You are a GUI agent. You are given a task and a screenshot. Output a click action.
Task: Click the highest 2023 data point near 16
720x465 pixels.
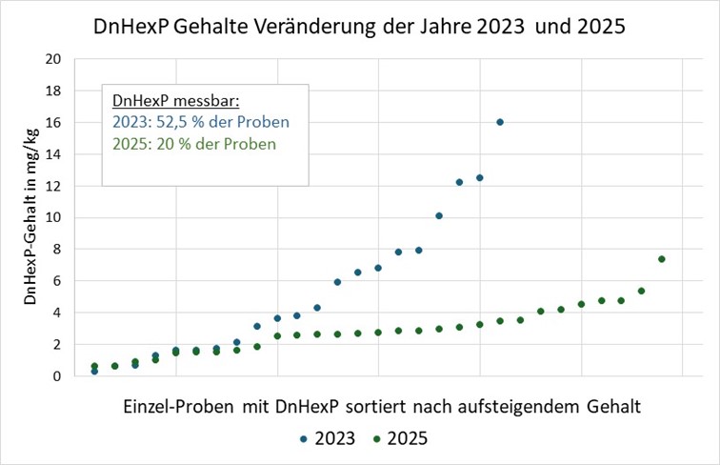pyautogui.click(x=500, y=122)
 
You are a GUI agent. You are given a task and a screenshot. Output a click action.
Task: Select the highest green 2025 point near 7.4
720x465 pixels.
pyautogui.click(x=662, y=259)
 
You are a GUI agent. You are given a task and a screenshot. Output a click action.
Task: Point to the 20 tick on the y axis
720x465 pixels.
pyautogui.click(x=54, y=59)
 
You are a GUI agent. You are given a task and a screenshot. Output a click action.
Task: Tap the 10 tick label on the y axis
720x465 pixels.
pyautogui.click(x=54, y=217)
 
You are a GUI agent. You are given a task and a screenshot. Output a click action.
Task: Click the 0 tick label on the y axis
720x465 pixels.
pyautogui.click(x=58, y=376)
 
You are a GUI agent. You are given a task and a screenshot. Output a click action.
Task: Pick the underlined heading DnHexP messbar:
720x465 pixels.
pyautogui.click(x=170, y=101)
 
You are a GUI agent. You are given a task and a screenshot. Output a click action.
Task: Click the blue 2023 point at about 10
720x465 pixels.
pyautogui.click(x=439, y=216)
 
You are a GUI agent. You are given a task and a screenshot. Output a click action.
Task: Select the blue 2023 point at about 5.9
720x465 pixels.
pyautogui.click(x=337, y=282)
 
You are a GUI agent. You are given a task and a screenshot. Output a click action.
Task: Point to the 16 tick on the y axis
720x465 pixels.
pyautogui.click(x=54, y=122)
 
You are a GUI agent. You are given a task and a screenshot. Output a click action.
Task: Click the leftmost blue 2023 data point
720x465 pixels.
pyautogui.click(x=94, y=371)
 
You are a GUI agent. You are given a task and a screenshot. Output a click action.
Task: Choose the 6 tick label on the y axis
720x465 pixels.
pyautogui.click(x=58, y=281)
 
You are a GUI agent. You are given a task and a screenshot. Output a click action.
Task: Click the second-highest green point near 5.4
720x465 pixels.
pyautogui.click(x=642, y=291)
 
